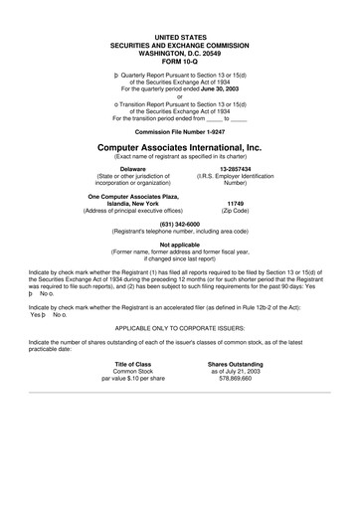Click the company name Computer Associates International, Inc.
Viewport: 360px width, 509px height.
coord(180,145)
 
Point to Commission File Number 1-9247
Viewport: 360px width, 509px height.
coord(179,130)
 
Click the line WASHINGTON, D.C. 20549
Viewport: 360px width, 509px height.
coord(179,53)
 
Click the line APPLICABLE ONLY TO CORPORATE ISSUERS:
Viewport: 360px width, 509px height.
coord(180,325)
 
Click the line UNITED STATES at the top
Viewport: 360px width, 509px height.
coord(179,37)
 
